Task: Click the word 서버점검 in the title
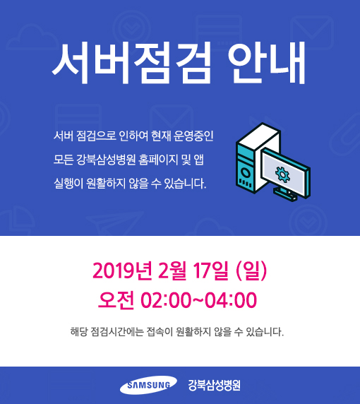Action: tap(131, 63)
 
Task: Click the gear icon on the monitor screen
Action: tap(282, 174)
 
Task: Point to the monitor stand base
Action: tap(285, 194)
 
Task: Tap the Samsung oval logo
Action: tap(148, 385)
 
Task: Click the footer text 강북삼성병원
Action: tap(215, 385)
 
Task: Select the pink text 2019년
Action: tap(122, 271)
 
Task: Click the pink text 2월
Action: tap(172, 271)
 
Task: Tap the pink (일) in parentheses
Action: tap(251, 271)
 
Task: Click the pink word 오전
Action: tap(116, 300)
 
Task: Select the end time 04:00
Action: tap(231, 300)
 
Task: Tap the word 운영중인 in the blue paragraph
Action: tap(193, 136)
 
